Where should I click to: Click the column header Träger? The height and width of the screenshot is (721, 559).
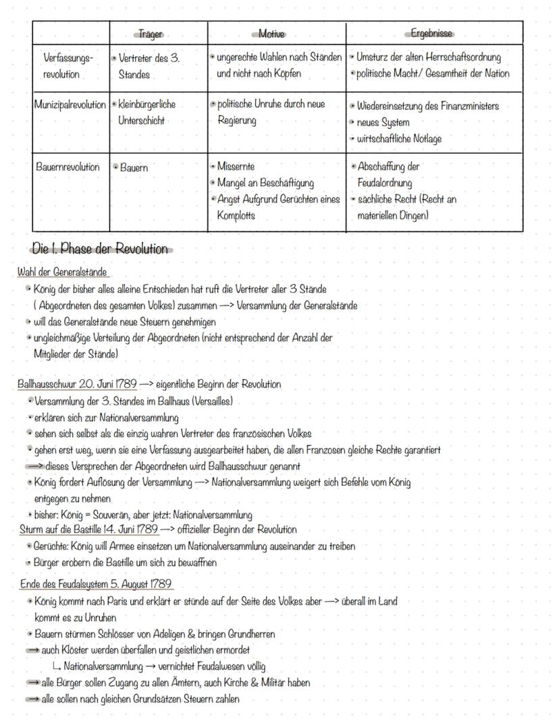(150, 34)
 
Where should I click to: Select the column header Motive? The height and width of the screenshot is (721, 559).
(271, 34)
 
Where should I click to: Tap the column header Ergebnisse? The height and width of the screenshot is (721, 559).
(432, 34)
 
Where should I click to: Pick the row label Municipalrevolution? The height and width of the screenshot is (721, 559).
(70, 105)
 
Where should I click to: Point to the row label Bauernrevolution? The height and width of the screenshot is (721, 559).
(68, 167)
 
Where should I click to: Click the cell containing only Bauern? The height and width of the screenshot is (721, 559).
(134, 167)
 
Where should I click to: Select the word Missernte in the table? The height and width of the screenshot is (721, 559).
(236, 166)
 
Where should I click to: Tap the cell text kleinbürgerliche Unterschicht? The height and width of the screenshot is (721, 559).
(147, 113)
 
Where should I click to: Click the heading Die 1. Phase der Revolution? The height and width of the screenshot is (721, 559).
(100, 249)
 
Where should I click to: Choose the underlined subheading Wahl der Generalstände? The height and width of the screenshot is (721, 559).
(63, 272)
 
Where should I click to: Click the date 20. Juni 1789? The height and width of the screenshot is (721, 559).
(107, 384)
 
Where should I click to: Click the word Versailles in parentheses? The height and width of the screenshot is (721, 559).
(212, 401)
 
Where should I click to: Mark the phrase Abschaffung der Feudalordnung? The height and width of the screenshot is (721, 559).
(395, 174)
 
